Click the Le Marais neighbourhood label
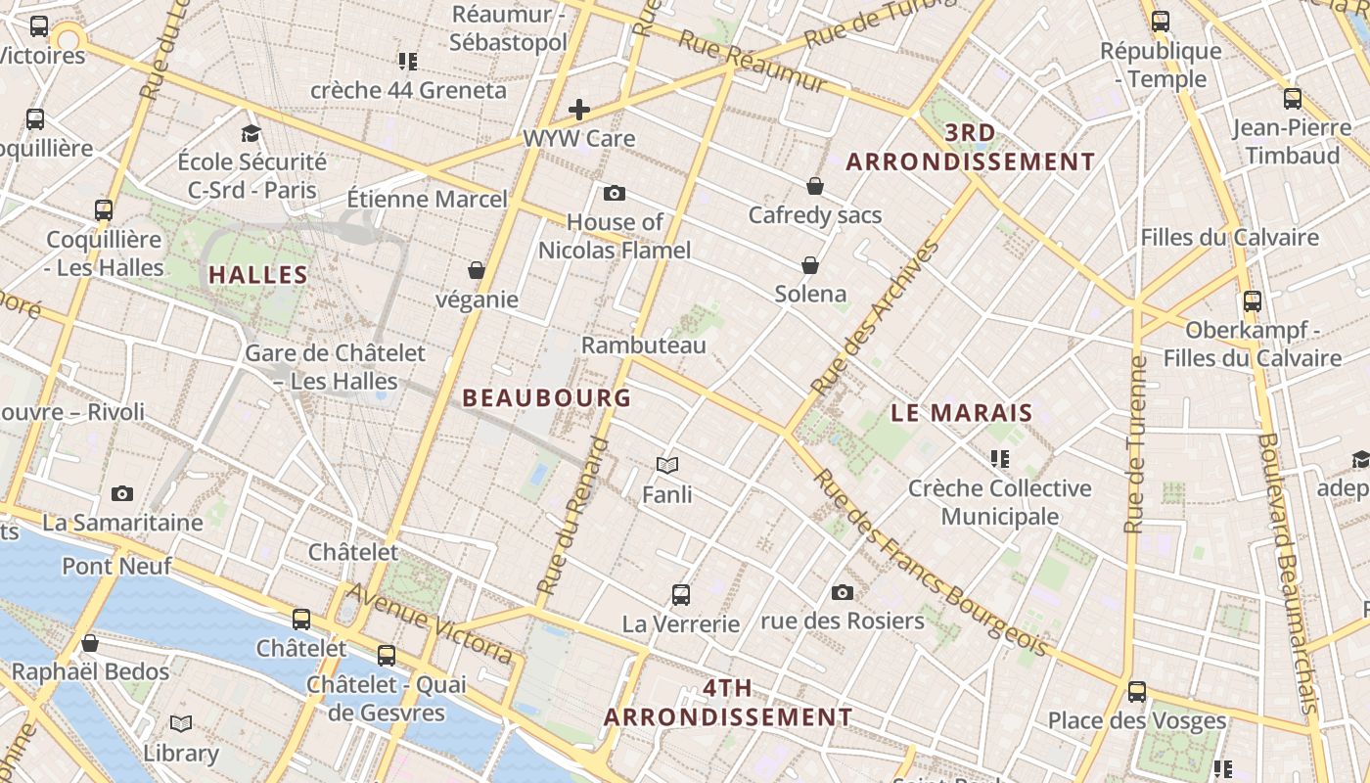(x=962, y=413)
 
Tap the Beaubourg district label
(x=546, y=398)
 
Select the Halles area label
(x=258, y=275)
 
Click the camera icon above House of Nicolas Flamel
(x=615, y=193)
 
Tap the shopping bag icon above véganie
(x=477, y=269)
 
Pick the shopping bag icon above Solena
(x=810, y=264)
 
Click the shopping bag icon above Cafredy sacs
(x=815, y=185)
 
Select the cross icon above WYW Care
(x=579, y=109)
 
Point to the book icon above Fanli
(x=667, y=465)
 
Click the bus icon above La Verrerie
(x=681, y=594)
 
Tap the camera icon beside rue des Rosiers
(x=842, y=592)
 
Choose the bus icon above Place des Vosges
(x=1136, y=692)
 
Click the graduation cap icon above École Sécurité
(x=251, y=132)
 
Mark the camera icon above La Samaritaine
(x=122, y=493)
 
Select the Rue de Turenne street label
(x=1135, y=444)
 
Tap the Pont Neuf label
(x=116, y=566)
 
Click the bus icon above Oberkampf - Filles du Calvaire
(x=1252, y=300)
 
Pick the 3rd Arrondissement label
(x=971, y=147)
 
